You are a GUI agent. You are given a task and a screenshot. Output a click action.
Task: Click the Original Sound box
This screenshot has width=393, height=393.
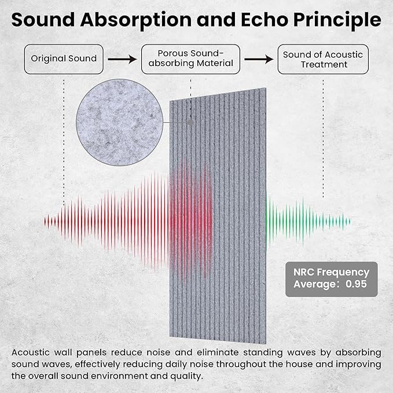tap(64, 59)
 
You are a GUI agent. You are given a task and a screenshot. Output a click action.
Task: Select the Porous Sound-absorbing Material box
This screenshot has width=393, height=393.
tap(190, 59)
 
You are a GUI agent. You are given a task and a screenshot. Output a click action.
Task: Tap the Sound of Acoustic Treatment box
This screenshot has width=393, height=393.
tap(323, 59)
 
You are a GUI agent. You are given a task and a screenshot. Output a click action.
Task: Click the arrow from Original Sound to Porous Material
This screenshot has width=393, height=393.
tap(119, 59)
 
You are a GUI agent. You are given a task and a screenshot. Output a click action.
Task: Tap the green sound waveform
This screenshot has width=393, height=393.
tap(307, 221)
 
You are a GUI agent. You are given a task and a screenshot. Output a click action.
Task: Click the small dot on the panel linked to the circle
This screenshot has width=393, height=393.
tap(190, 122)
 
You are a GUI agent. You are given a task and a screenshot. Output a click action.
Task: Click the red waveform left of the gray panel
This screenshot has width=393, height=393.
tap(116, 221)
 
